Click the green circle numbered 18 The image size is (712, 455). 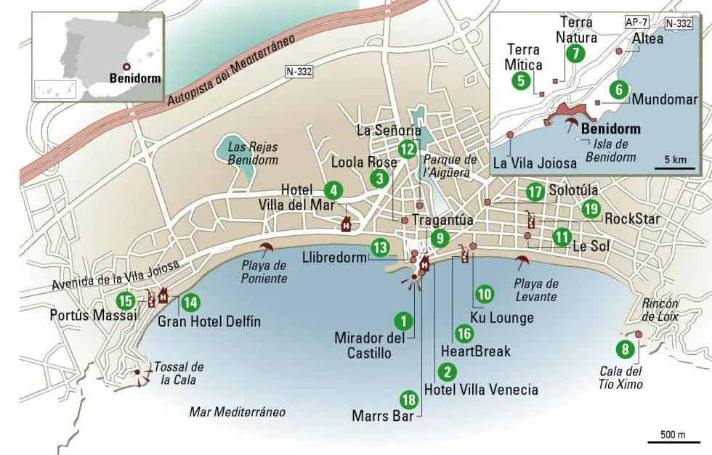(409, 399)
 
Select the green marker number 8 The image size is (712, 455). (624, 350)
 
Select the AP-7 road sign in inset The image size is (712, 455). (634, 22)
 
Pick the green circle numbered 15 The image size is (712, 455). (126, 300)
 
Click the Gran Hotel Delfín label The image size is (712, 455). (209, 321)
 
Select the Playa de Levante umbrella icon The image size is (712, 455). (520, 261)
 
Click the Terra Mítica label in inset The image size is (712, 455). (524, 57)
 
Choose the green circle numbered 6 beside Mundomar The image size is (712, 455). (618, 90)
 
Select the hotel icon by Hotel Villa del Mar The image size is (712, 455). (346, 223)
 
